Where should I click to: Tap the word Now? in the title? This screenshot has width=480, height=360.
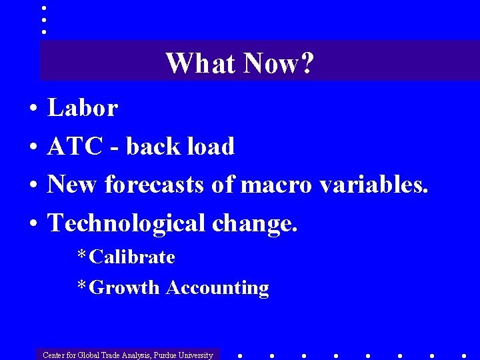[279, 64]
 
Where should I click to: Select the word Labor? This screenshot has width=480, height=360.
[83, 108]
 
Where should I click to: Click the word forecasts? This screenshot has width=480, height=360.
[154, 185]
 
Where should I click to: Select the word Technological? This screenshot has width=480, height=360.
[126, 223]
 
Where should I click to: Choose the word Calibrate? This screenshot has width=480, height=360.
[132, 257]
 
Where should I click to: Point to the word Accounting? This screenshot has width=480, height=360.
[217, 288]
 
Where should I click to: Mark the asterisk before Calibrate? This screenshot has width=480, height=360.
[81, 256]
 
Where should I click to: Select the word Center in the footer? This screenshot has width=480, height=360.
[54, 355]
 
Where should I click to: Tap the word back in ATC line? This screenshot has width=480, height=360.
[147, 147]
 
